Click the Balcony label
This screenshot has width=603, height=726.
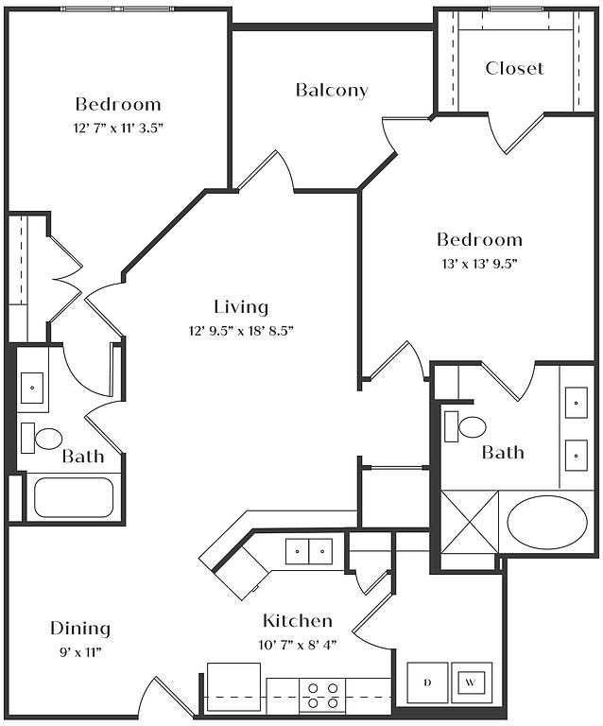click(332, 91)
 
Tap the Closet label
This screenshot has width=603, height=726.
click(514, 68)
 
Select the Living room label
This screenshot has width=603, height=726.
click(241, 307)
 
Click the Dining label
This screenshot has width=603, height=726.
click(80, 629)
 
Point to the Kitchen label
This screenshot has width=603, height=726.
click(297, 621)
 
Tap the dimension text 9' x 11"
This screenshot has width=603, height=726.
click(80, 651)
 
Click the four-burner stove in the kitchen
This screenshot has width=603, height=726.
click(322, 695)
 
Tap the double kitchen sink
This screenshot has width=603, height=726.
click(309, 549)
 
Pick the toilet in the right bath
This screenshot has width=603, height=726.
click(468, 427)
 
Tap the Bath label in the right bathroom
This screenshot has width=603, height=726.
click(503, 453)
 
